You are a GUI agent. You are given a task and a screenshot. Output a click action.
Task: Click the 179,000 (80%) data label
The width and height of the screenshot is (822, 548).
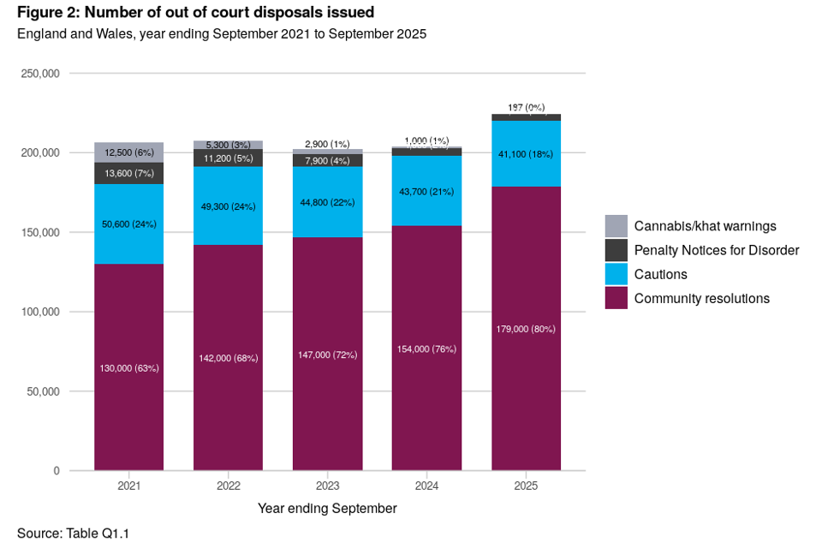coord(526,329)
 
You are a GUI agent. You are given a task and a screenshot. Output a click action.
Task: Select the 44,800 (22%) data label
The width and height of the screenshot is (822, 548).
coord(327,203)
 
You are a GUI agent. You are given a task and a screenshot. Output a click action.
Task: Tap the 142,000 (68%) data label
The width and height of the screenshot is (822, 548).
coord(228,358)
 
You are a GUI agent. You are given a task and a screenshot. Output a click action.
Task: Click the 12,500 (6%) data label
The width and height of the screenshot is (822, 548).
coord(128,152)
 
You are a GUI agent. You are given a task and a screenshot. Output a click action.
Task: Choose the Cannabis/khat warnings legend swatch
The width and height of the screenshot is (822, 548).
coord(616,226)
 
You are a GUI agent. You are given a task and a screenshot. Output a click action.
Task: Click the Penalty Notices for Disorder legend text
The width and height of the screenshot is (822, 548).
coord(716,250)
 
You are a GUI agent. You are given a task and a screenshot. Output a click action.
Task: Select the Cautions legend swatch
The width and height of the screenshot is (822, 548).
coord(616,274)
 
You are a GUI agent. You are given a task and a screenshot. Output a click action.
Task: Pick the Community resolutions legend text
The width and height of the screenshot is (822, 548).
coord(701,299)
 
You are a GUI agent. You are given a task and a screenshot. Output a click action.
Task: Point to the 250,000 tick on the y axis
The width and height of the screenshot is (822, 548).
coord(39,74)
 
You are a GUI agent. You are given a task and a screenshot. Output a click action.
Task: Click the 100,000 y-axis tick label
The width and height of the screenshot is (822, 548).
coord(39,312)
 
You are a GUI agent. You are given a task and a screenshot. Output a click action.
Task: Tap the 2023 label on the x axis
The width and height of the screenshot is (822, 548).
coord(327,486)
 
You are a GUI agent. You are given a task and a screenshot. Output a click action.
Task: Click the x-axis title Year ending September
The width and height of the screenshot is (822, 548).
coord(327,509)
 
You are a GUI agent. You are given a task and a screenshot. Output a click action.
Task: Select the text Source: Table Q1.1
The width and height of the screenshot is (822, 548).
coord(73,533)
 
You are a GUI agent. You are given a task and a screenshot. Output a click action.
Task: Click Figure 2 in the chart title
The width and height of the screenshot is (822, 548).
coord(47,13)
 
